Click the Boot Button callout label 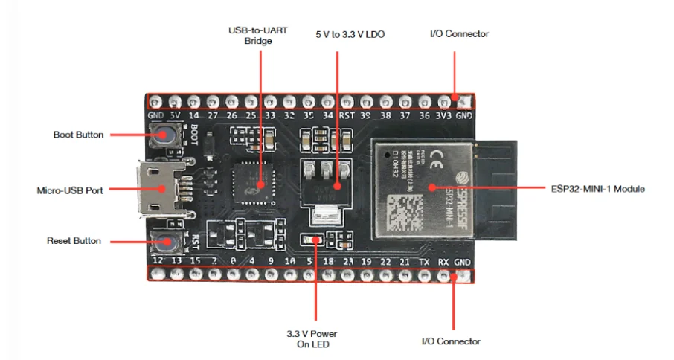(78, 135)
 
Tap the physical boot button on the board (161, 135)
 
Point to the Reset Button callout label (74, 241)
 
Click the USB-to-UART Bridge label (259, 36)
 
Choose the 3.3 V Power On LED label (317, 338)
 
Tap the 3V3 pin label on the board (444, 115)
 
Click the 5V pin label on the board (175, 115)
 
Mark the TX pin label (424, 261)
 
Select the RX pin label (443, 261)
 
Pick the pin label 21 (404, 261)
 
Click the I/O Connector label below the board (451, 341)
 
